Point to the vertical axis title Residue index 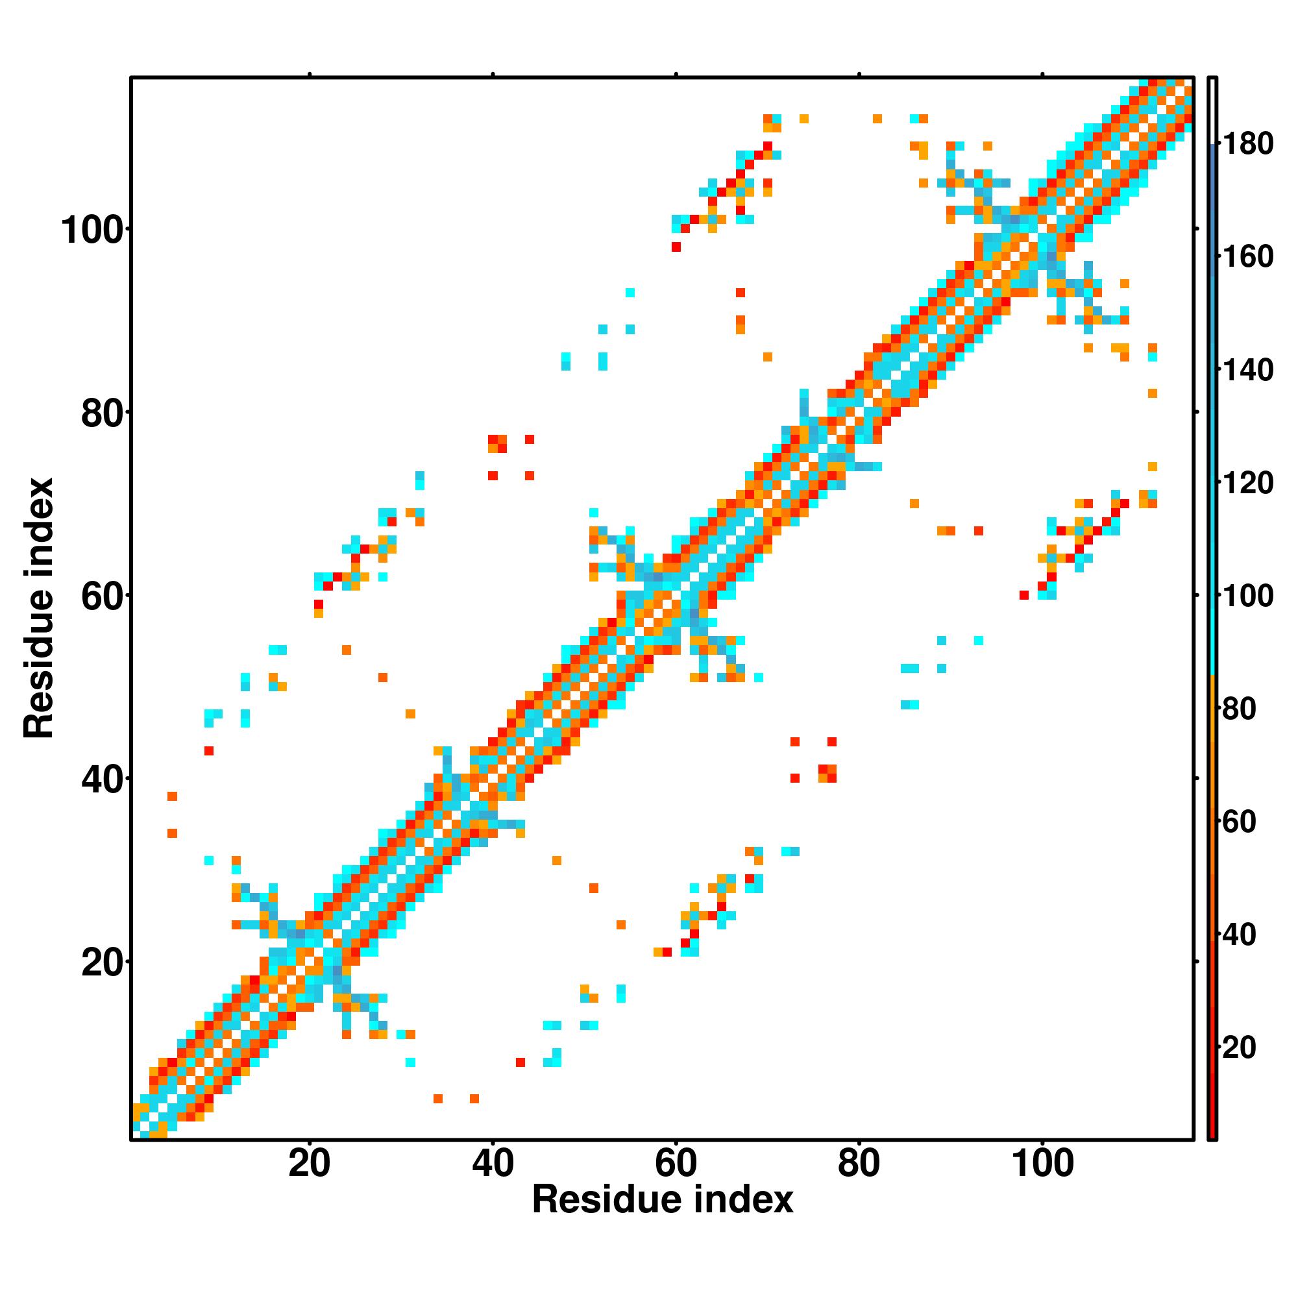pos(39,608)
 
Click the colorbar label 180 pos(1247,144)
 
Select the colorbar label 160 pos(1247,256)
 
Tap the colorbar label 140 pos(1247,369)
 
